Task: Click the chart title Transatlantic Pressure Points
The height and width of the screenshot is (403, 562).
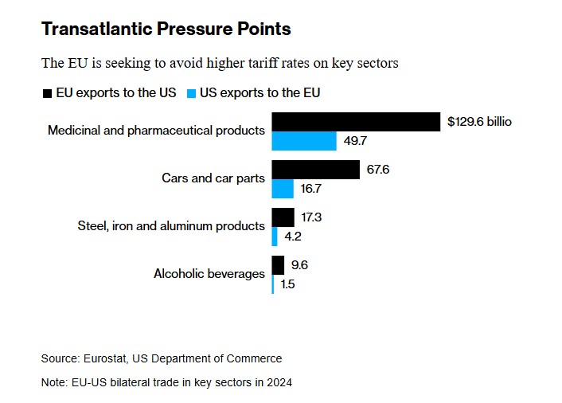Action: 166,29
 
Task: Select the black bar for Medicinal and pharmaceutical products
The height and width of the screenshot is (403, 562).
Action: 356,122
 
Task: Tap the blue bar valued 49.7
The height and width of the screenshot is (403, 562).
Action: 304,141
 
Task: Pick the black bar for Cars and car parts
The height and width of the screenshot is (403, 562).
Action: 316,170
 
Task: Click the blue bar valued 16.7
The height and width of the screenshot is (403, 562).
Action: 283,189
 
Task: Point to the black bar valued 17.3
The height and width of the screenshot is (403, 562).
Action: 283,217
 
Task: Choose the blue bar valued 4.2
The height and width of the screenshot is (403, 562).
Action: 275,237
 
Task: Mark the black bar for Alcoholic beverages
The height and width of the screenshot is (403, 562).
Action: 278,265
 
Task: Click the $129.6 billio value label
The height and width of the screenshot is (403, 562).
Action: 479,122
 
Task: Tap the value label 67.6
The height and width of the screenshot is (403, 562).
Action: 378,170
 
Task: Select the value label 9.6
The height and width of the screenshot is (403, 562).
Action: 299,265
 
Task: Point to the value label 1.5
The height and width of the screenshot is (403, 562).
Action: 288,284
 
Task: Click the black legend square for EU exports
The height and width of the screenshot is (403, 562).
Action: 47,93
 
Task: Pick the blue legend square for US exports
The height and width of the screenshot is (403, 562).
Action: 191,93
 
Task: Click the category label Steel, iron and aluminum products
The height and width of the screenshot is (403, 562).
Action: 171,226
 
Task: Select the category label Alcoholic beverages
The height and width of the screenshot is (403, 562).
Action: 209,274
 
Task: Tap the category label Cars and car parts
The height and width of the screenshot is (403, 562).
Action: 213,178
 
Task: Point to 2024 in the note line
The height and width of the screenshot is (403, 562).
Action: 279,382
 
